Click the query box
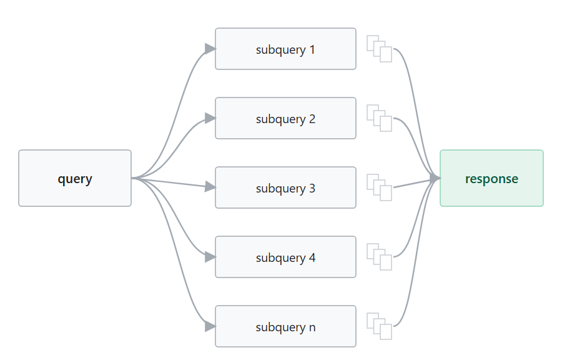point(75,178)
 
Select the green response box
point(492,178)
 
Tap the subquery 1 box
point(285,49)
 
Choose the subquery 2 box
point(285,118)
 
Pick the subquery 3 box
point(285,187)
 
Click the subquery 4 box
point(285,257)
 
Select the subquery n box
point(285,326)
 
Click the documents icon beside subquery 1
point(380,49)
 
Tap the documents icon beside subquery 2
point(380,118)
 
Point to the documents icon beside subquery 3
point(380,187)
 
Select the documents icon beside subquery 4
point(380,257)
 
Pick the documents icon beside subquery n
point(380,326)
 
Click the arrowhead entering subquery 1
point(210,49)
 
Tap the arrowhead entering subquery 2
point(210,118)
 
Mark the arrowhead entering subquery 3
point(210,187)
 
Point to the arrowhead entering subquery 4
point(210,257)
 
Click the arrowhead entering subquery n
point(210,326)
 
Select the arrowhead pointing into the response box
point(435,178)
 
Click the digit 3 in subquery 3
point(312,188)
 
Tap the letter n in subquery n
point(312,327)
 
